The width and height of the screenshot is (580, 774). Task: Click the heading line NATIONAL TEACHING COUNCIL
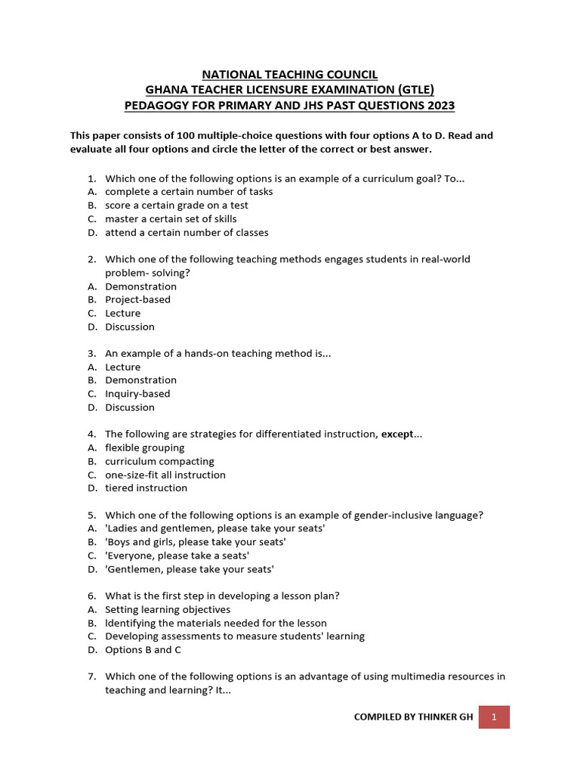coord(289,75)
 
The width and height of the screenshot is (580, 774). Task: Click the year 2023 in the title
coord(440,105)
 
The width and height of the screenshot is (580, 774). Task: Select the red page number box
coord(494,717)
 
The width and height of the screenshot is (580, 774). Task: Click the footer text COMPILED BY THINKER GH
coord(413,717)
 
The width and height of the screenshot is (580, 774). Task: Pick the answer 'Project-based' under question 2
coord(137,300)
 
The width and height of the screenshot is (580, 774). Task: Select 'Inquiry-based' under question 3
coord(137,394)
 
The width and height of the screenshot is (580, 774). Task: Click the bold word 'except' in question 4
coord(397,435)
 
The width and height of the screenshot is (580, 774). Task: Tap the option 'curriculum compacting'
coord(159,462)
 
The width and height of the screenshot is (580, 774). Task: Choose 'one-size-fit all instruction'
coord(165,475)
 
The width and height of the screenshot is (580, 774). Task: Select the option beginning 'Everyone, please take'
coord(177,556)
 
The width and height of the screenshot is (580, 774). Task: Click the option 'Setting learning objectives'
coord(168,610)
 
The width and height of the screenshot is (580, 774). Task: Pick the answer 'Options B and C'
coord(143,650)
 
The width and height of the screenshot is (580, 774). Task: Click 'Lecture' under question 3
coord(122,367)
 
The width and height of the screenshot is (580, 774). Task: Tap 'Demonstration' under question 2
coord(140,286)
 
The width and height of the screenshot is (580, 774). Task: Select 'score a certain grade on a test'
coord(176,206)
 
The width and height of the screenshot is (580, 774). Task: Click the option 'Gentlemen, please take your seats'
coord(189,569)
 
